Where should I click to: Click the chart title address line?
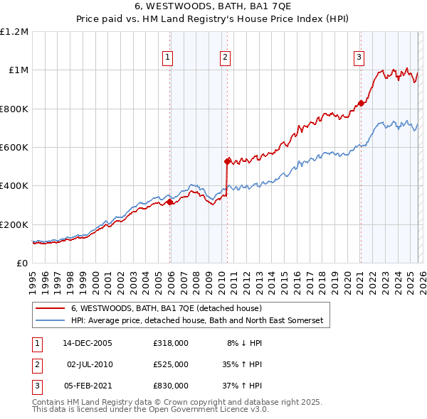[x=213, y=6]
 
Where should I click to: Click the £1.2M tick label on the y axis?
[x=14, y=32]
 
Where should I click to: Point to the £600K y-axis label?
[x=14, y=148]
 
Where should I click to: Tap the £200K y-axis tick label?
[x=14, y=224]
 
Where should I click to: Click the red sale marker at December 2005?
[x=170, y=202]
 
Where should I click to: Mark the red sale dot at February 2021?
[x=361, y=104]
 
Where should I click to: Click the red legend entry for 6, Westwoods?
[x=167, y=308]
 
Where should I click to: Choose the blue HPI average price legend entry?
[x=196, y=321]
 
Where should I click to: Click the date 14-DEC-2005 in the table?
[x=88, y=343]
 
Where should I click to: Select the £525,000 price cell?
[x=170, y=364]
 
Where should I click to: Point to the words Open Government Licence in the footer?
[x=202, y=410]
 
